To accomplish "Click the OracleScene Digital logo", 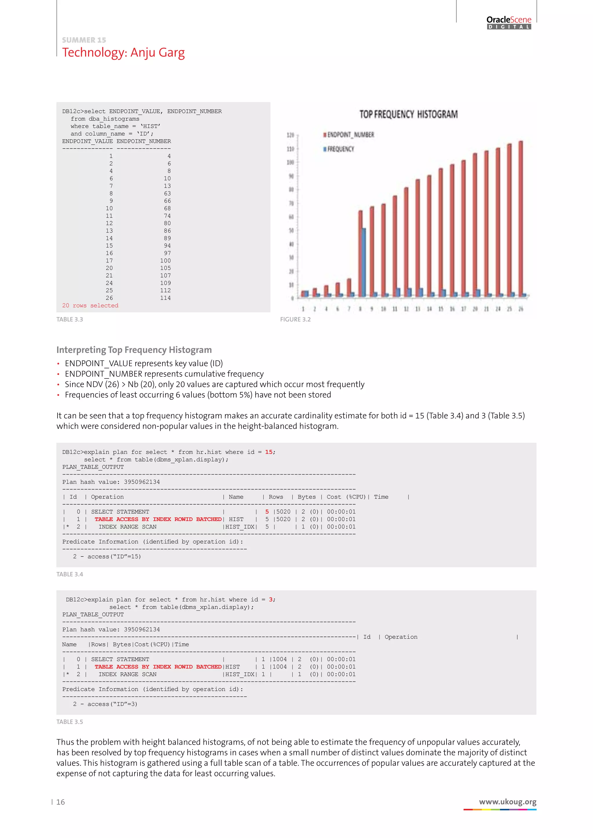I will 509,22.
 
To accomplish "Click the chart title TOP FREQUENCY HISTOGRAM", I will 408,115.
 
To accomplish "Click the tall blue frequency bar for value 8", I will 364,262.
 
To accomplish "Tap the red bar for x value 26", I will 521,218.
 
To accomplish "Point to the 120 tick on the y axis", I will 291,135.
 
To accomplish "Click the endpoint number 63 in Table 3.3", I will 167,194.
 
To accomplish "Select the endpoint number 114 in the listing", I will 165,298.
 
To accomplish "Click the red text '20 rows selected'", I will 90,306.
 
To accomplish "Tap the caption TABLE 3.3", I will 70,319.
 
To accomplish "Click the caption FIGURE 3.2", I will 295,319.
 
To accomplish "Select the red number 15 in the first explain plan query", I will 269,452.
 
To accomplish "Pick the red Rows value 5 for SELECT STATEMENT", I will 267,512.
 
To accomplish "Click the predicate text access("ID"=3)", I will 112,704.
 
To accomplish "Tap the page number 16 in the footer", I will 61,802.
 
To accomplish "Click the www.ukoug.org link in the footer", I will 508,802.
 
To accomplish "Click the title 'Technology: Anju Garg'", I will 123,53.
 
